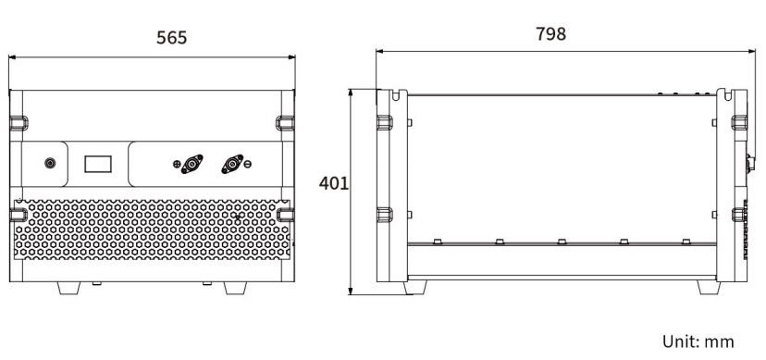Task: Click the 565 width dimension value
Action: coord(171,38)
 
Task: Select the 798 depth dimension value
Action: coord(550,33)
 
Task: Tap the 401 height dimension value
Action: coord(334,183)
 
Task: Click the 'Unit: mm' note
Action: coord(698,341)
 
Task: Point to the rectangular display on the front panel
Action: coord(98,164)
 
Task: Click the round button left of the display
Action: coord(50,163)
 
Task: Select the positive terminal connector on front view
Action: coord(192,164)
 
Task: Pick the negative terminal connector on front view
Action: coord(232,164)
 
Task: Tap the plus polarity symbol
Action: coord(177,164)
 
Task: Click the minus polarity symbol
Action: coord(248,164)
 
